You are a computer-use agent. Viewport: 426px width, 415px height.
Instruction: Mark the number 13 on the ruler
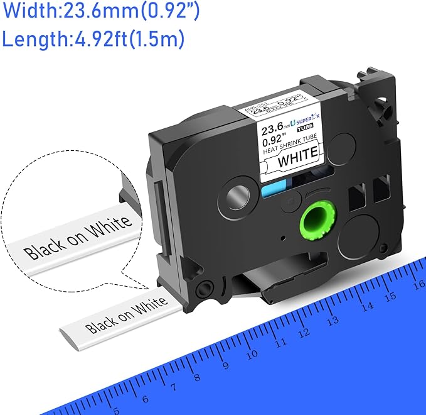pos(333,320)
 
